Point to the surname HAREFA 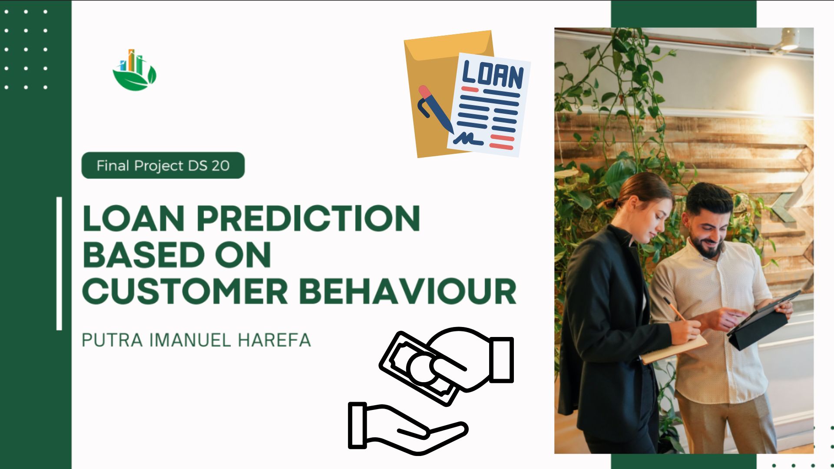tap(275, 340)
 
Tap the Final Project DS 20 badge tap(163, 165)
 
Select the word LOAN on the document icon tap(493, 75)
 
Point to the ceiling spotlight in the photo tap(790, 39)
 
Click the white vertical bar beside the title tap(59, 264)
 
